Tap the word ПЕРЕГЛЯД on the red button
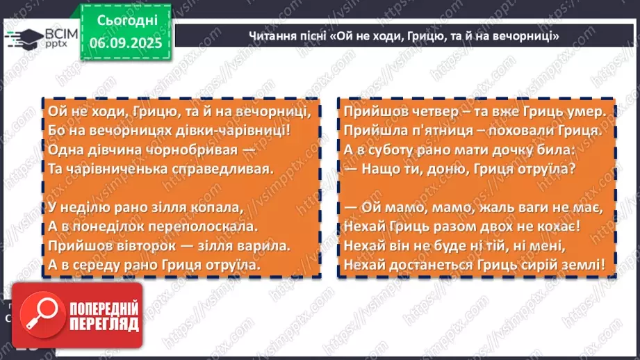[x=104, y=325]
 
